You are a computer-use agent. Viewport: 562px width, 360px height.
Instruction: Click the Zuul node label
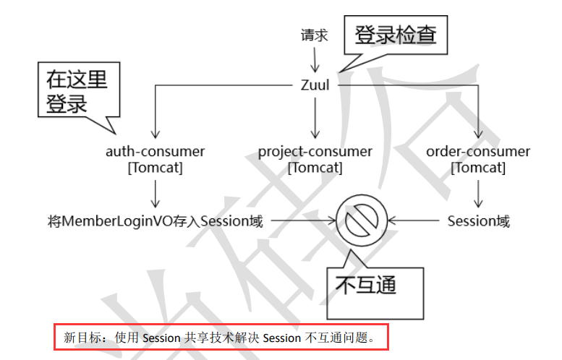(315, 85)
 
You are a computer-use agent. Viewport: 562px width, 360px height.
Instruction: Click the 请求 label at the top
(315, 35)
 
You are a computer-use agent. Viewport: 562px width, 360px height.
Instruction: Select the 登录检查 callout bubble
(396, 35)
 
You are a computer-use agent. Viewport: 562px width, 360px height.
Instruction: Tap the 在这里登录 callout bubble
(77, 91)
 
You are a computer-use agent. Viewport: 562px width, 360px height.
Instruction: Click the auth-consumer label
(155, 152)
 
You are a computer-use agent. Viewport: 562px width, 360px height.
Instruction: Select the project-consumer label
(315, 152)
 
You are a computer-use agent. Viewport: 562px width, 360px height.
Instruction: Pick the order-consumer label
(478, 152)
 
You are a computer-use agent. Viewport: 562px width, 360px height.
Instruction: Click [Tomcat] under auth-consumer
(155, 168)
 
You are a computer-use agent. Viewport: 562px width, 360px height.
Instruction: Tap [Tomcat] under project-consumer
(315, 168)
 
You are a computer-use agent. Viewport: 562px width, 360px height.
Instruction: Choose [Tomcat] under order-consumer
(478, 168)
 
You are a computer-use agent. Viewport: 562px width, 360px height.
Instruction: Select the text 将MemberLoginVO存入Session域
(154, 221)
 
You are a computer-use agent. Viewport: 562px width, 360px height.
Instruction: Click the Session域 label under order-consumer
(478, 221)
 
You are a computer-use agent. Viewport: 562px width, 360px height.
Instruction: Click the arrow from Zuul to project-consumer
(315, 116)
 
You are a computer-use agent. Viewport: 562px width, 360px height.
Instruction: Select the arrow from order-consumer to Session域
(478, 193)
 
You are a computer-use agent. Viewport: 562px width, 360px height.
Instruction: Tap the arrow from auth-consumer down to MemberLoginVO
(155, 193)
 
